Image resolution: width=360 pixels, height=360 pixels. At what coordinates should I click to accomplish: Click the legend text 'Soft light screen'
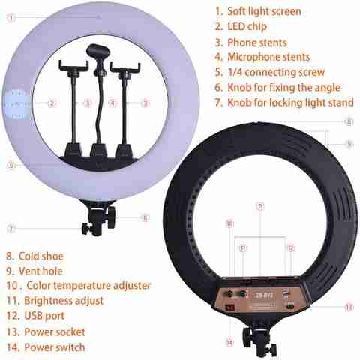[264, 11]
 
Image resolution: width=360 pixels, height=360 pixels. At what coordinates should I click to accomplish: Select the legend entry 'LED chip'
[247, 26]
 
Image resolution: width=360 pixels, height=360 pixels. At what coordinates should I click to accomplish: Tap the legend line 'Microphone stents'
[268, 57]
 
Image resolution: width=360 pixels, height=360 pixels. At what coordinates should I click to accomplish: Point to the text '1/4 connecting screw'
[276, 72]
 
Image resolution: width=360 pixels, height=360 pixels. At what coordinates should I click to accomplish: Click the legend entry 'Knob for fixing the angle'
[284, 88]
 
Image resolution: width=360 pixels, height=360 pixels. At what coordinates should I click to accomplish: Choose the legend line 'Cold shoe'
[41, 256]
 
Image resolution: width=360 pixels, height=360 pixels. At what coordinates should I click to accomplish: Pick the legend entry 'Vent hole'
[40, 271]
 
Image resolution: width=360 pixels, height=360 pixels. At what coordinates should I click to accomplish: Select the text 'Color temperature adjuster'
[88, 286]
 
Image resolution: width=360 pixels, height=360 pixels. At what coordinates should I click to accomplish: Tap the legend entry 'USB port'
[44, 316]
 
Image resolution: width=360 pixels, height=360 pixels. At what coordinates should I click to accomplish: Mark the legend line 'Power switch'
[55, 347]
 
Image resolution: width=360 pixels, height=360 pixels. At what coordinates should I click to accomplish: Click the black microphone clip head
[98, 51]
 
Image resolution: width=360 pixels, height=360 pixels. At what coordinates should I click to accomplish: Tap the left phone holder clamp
[73, 65]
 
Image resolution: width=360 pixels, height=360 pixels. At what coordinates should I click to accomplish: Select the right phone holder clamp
[125, 67]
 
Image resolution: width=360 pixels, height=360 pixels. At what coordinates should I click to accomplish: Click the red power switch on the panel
[229, 307]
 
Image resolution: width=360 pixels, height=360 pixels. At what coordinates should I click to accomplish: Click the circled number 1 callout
[10, 17]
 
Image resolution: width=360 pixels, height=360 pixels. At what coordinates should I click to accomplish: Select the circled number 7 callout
[10, 229]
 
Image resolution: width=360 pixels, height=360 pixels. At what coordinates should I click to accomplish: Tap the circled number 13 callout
[349, 307]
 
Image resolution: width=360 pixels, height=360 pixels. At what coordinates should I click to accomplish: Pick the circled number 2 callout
[52, 103]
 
